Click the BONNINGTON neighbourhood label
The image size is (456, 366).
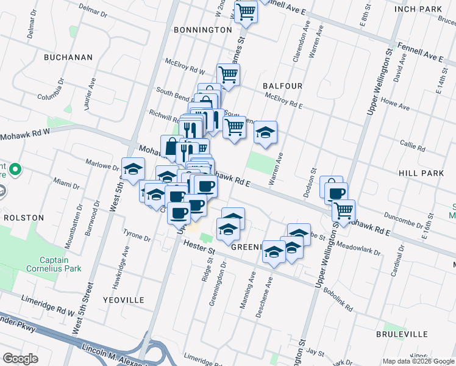point(202,29)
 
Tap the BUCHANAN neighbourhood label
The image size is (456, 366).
point(68,57)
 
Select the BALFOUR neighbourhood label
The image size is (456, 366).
point(282,86)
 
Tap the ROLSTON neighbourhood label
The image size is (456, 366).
point(24,217)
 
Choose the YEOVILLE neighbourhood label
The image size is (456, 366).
point(124,300)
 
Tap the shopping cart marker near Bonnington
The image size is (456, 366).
point(245,11)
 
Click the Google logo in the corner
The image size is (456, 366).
point(21,359)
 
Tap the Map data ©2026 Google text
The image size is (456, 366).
point(418,361)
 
